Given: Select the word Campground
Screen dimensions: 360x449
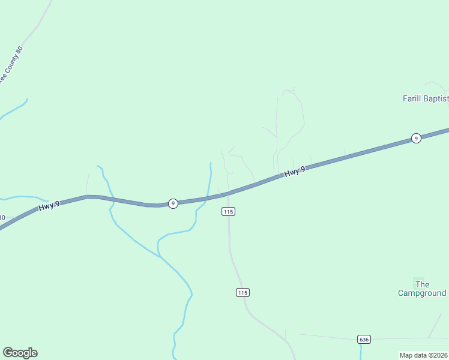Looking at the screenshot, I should (422, 293).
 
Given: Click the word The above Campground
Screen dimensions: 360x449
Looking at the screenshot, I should (422, 284).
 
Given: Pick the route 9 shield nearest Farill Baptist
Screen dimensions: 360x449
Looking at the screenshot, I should (415, 138).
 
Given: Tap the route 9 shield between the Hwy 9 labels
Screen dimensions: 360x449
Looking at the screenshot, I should (173, 203).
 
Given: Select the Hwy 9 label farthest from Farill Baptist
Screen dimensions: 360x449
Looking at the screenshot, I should (49, 206).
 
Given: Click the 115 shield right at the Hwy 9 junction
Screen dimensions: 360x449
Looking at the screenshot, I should (228, 211).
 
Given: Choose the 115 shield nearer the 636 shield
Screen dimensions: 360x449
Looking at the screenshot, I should (242, 292).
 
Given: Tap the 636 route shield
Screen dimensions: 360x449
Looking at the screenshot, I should (364, 339).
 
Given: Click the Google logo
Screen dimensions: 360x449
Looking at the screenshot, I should (20, 353).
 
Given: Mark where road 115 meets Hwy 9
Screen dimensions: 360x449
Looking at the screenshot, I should (228, 194).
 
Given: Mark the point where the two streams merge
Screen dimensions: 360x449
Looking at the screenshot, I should (160, 256).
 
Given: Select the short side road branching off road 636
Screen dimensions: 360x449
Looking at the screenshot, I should (435, 325).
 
